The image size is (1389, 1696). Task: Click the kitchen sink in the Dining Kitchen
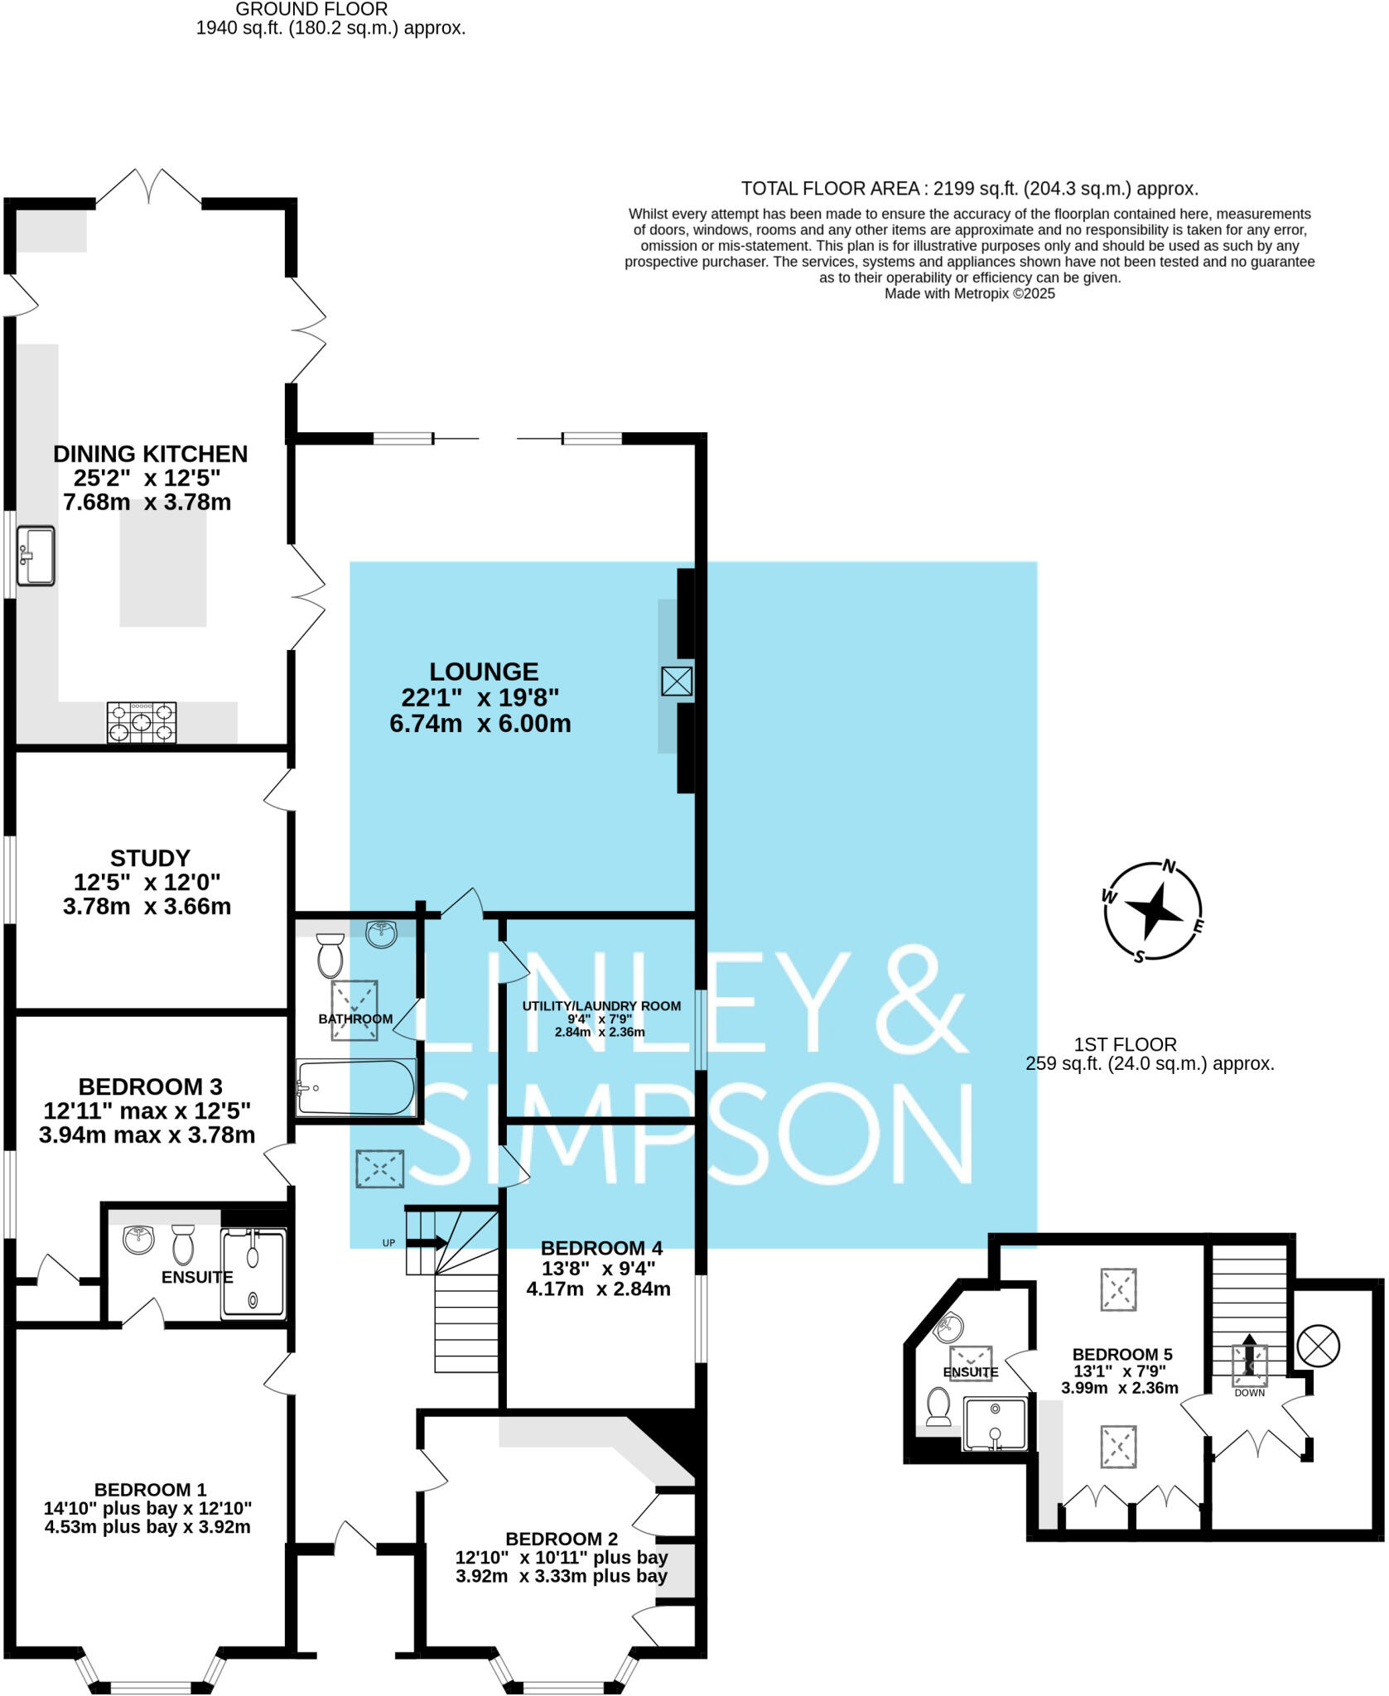pos(36,556)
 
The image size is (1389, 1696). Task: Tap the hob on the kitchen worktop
pos(142,722)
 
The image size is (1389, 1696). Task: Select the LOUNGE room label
pos(484,672)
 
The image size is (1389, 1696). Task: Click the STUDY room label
pos(150,858)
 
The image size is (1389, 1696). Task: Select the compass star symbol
pos(1153,912)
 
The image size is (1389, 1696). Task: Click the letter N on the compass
pos(1170,867)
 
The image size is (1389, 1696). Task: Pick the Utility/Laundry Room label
pos(601,1006)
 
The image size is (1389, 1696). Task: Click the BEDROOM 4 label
pos(601,1248)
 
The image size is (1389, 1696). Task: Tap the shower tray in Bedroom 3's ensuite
pos(253,1274)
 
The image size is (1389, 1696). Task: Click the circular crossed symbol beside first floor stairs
pos(1318,1347)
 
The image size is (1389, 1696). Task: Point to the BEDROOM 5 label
pos(1122,1355)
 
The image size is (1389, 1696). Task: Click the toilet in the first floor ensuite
pos(938,1406)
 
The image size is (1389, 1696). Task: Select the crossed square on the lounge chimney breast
pos(677,682)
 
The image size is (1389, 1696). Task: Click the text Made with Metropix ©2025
pos(969,293)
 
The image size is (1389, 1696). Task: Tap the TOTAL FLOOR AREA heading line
pos(969,189)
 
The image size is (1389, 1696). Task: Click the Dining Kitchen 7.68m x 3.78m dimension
pos(147,503)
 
